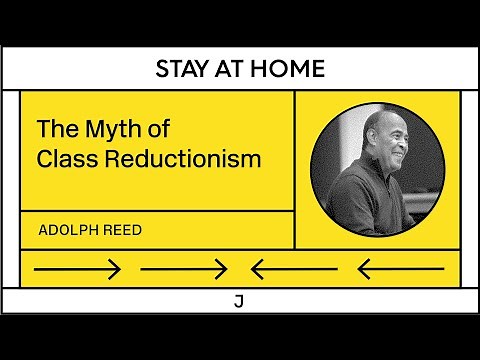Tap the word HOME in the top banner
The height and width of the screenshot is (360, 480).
tap(290, 69)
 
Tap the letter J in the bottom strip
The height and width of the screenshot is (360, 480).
tap(238, 300)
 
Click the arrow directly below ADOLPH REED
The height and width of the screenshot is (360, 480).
tap(77, 268)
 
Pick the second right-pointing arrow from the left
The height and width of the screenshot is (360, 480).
tap(184, 268)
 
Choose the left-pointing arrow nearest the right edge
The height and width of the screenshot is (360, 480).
tap(400, 268)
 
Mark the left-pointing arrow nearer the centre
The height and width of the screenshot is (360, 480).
tap(294, 268)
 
